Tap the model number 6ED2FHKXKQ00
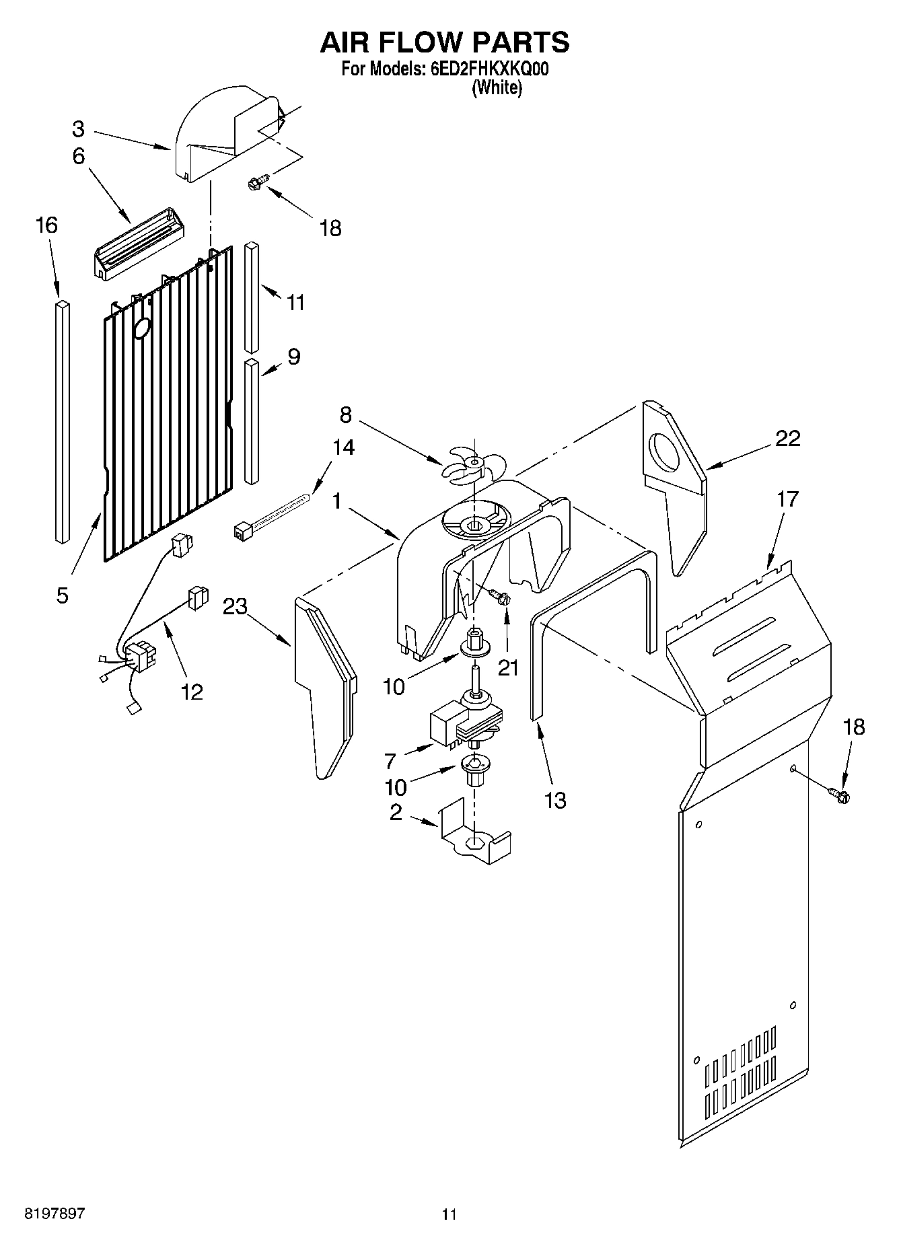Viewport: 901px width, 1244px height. click(486, 69)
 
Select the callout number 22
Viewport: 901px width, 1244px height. click(788, 438)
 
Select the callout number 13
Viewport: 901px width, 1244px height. click(556, 800)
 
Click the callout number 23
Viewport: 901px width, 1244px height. click(236, 606)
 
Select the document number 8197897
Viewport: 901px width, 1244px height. click(55, 1214)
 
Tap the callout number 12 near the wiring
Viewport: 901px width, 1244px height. click(192, 691)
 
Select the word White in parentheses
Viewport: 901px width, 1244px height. click(497, 87)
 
